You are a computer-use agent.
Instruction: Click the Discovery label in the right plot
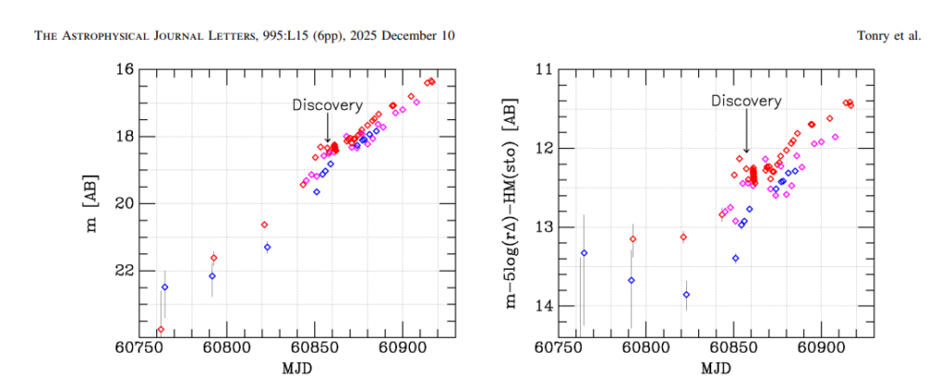click(746, 101)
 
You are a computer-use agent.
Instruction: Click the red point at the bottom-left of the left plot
click(160, 329)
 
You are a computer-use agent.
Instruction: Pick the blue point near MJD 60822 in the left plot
click(267, 247)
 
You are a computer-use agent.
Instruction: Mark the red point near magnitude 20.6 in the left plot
click(264, 224)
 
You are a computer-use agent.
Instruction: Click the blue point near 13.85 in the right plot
click(686, 294)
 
